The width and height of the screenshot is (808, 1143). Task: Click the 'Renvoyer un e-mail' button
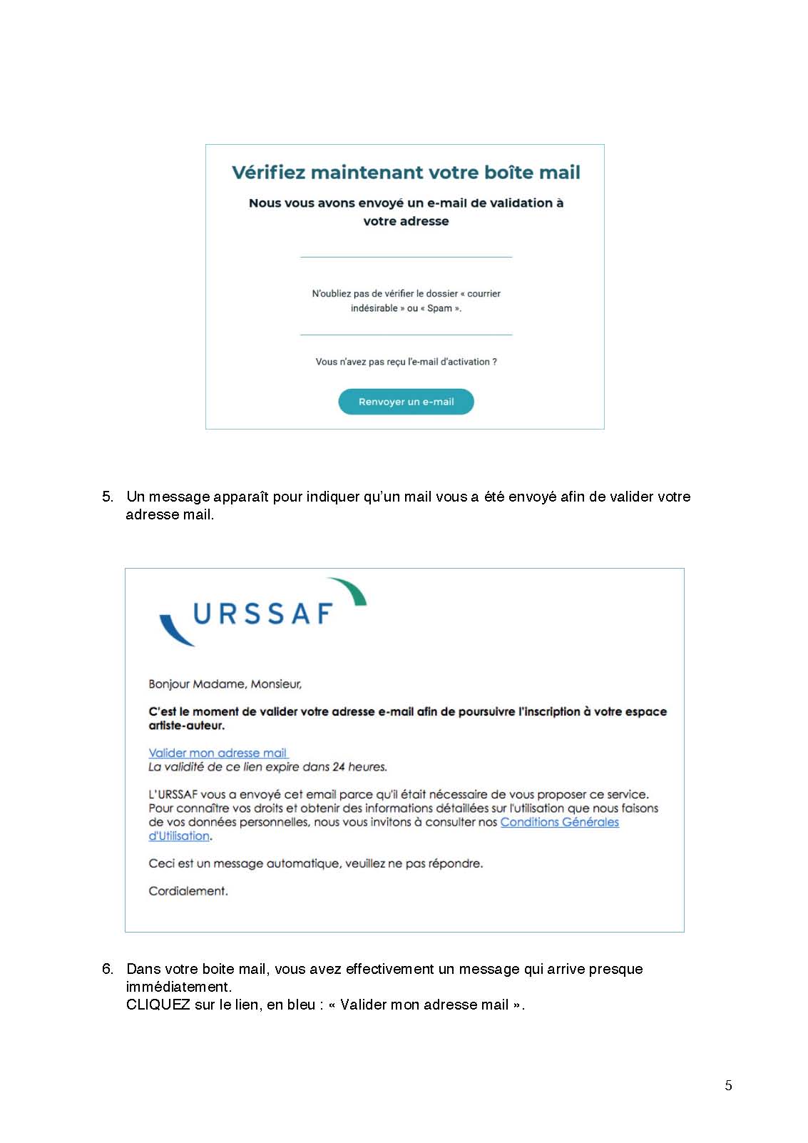click(x=406, y=402)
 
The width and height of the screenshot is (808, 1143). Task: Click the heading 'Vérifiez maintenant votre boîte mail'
click(x=406, y=173)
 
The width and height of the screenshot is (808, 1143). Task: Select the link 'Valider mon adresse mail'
click(x=218, y=753)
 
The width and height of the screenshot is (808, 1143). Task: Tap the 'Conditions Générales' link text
click(x=559, y=822)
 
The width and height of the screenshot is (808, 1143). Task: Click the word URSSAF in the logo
click(x=263, y=614)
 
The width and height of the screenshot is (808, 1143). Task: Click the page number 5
click(x=728, y=1085)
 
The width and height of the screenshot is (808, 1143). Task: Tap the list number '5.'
click(x=108, y=497)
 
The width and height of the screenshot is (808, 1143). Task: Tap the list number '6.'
click(x=108, y=969)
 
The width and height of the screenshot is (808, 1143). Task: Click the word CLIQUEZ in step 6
click(x=158, y=1005)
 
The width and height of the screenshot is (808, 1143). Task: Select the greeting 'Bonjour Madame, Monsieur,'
click(x=225, y=684)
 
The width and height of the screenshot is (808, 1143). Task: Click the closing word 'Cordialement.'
click(x=188, y=891)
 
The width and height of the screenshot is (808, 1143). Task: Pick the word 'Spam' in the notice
click(x=439, y=308)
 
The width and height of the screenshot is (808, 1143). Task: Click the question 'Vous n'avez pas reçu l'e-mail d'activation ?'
click(x=406, y=362)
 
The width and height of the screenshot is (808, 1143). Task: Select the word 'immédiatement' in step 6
click(x=178, y=987)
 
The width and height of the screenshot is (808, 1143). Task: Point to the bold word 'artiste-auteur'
click(x=185, y=726)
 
